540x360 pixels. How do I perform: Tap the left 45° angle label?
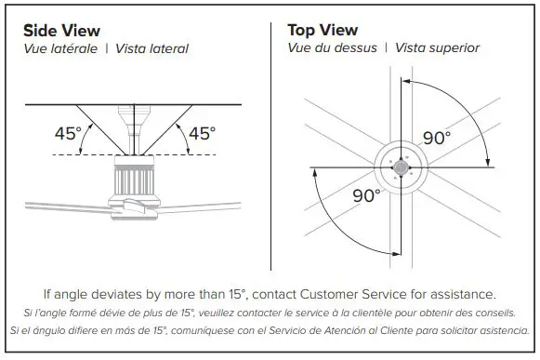point(68,133)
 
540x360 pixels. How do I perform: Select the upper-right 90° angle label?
point(436,138)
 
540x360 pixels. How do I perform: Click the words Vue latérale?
point(60,48)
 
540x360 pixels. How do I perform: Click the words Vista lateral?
point(151,48)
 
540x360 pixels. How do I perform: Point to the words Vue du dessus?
point(332,48)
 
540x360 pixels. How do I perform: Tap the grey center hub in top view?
point(402,167)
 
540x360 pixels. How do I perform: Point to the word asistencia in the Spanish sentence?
point(502,331)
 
